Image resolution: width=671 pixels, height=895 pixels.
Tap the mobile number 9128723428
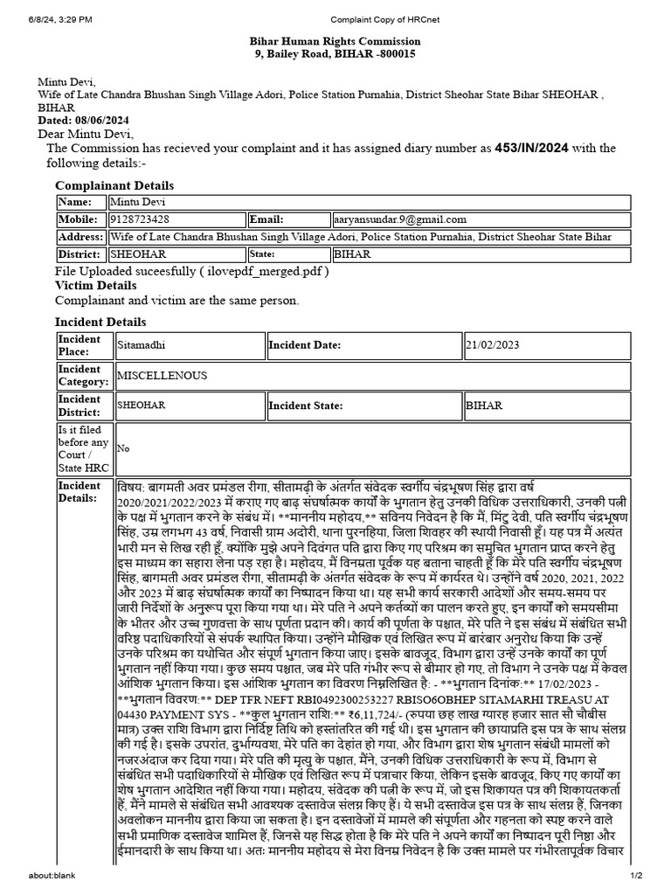point(140,219)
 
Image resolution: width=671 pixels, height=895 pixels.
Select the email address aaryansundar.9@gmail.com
point(400,219)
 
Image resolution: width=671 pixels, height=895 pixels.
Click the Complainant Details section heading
point(114,185)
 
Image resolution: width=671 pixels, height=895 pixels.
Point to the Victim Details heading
point(95,286)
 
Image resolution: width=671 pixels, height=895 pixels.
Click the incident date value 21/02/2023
point(493,345)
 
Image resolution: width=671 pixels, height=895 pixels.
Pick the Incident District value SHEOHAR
point(142,406)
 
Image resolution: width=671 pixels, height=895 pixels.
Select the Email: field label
point(267,219)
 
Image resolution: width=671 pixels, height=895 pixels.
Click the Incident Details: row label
point(80,491)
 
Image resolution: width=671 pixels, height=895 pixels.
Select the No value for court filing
point(123,448)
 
